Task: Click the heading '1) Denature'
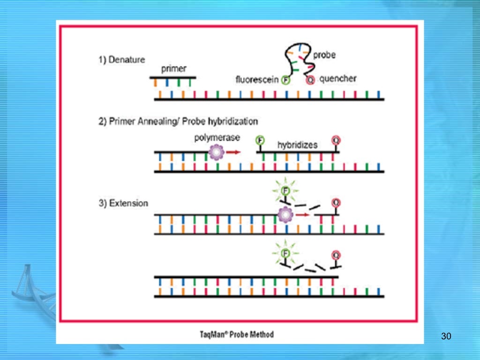coord(121,60)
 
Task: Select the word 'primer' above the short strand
coord(173,69)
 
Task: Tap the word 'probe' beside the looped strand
coord(324,55)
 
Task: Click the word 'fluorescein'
coord(257,80)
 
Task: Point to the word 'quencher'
coord(337,79)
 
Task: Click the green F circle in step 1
coord(286,80)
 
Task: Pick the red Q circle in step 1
coord(310,80)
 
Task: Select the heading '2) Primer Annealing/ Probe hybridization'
coord(178,121)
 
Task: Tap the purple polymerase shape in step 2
coord(217,152)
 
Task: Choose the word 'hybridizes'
coord(297,145)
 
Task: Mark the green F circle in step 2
coord(259,140)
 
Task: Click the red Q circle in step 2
coord(336,140)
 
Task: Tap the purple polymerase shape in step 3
coord(285,215)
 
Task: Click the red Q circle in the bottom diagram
coord(336,255)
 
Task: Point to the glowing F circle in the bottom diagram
coord(284,254)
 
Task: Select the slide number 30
coord(446,336)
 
